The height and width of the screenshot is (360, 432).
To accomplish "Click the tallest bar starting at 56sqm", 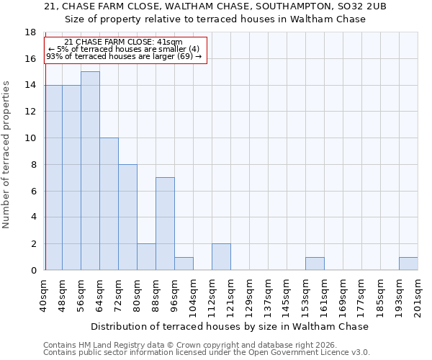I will click(x=90, y=171).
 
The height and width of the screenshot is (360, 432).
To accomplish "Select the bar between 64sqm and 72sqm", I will click(x=109, y=204).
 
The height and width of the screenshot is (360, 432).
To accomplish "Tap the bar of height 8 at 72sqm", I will click(x=127, y=217).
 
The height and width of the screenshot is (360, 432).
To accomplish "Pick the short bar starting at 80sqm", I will click(x=146, y=256).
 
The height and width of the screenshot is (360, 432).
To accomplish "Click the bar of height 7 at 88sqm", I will click(x=165, y=223).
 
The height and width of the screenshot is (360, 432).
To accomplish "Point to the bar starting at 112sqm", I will click(x=221, y=256).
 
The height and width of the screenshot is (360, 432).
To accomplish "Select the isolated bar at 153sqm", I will click(x=315, y=264).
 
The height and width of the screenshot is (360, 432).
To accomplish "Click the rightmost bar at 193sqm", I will click(x=408, y=264).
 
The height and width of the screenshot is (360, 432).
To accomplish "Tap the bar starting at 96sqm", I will click(x=184, y=264).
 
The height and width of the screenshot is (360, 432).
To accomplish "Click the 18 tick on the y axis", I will click(x=31, y=32).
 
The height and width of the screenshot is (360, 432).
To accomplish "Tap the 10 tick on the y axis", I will click(x=31, y=138).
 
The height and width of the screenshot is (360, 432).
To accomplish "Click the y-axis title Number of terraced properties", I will click(x=7, y=154).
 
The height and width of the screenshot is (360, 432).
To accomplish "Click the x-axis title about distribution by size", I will click(x=230, y=326).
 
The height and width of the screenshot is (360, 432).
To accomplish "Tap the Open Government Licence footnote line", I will click(x=207, y=352).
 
